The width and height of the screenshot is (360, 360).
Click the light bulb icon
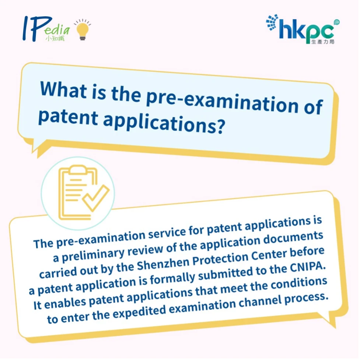coord(83,30)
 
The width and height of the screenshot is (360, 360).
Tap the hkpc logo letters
coord(307,31)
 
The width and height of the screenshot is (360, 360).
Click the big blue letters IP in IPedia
coord(37,29)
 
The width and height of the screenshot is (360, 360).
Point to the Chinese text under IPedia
coord(55,38)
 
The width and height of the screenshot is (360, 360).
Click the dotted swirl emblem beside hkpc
coord(272,22)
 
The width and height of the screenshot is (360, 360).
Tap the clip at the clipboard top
coord(78,170)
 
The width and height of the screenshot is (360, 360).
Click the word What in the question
coord(63,89)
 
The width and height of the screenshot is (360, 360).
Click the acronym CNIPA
coord(308,267)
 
